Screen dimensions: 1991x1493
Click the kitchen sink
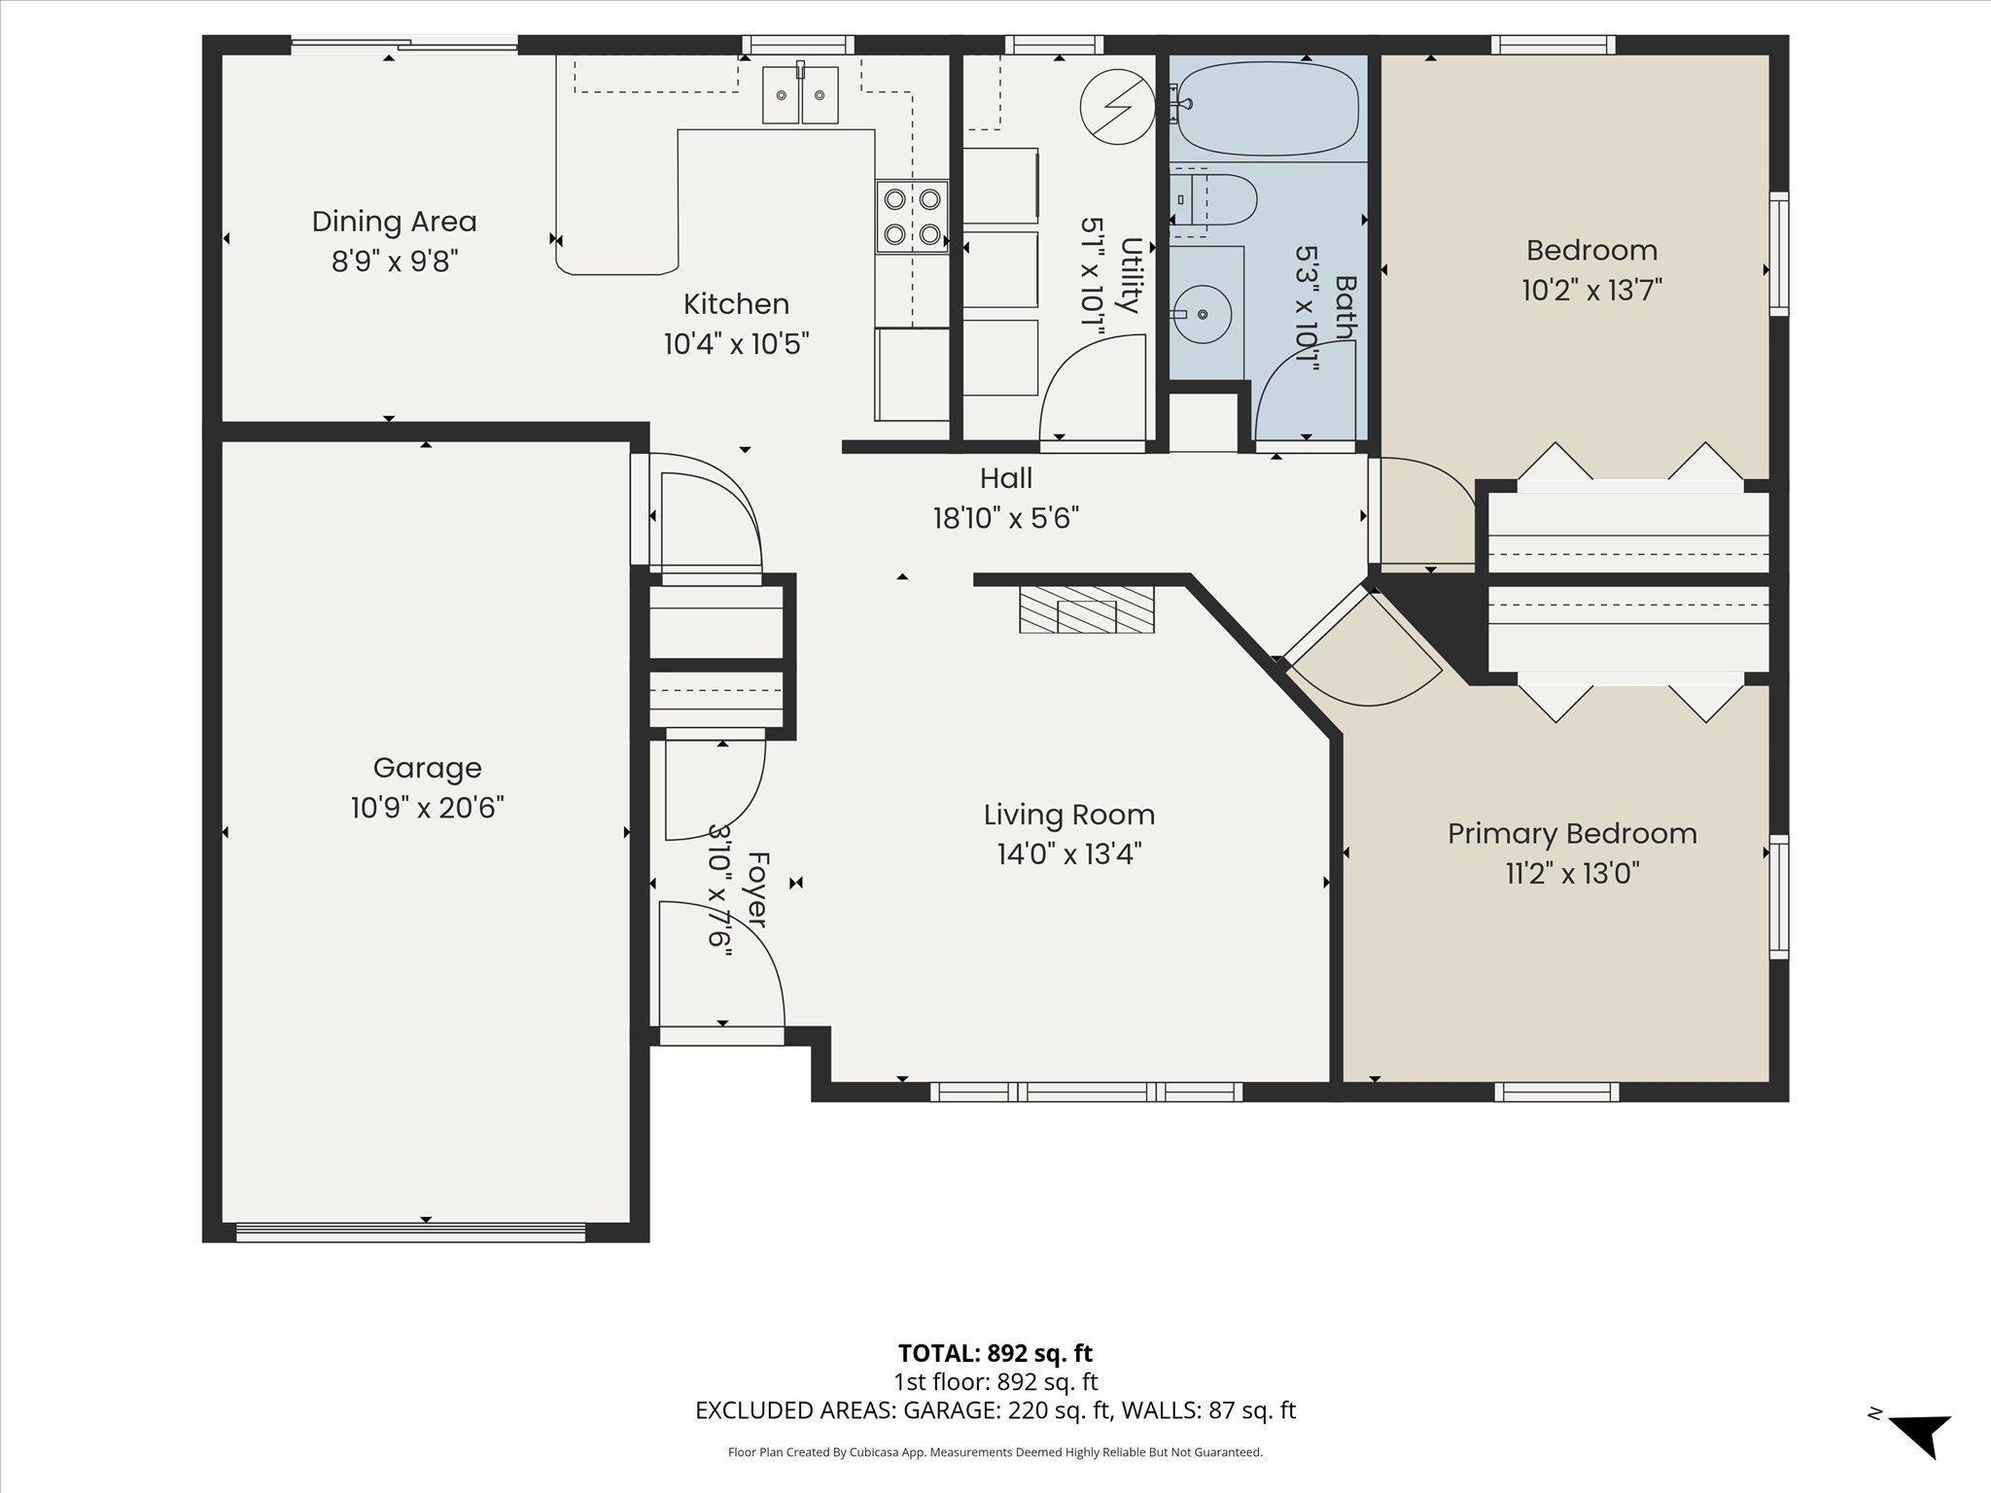point(800,94)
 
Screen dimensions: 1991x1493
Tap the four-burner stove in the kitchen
point(911,217)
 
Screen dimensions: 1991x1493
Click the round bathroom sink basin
point(1203,314)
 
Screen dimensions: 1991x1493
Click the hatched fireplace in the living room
point(1087,609)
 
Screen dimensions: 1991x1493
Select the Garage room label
point(428,768)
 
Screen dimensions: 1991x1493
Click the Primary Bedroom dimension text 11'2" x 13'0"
point(1572,874)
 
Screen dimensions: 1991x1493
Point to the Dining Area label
point(395,222)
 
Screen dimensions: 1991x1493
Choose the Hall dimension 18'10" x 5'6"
point(1006,518)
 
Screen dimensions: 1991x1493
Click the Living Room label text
point(1069,815)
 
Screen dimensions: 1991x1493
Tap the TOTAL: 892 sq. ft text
point(995,1353)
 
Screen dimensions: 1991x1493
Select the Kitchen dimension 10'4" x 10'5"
point(736,344)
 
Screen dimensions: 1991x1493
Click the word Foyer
point(758,890)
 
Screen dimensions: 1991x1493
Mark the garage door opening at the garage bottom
point(410,1233)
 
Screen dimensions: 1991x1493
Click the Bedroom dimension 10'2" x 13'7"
point(1591,291)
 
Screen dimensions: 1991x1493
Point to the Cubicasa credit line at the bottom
point(995,1453)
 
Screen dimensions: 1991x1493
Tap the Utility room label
point(1130,275)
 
